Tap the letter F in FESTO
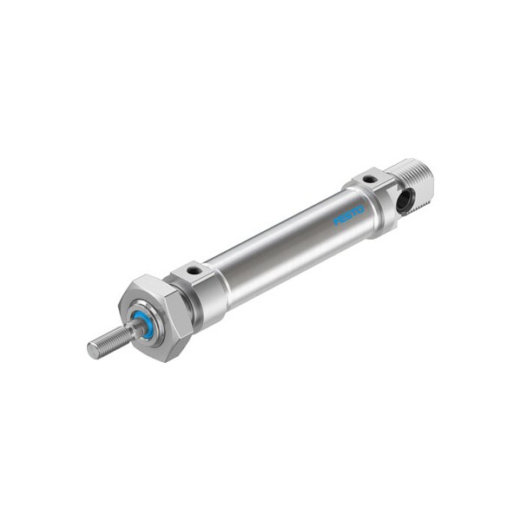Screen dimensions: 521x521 click(x=337, y=221)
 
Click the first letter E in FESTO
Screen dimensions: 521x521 click(x=343, y=217)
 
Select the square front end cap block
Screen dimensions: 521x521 click(x=198, y=287)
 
